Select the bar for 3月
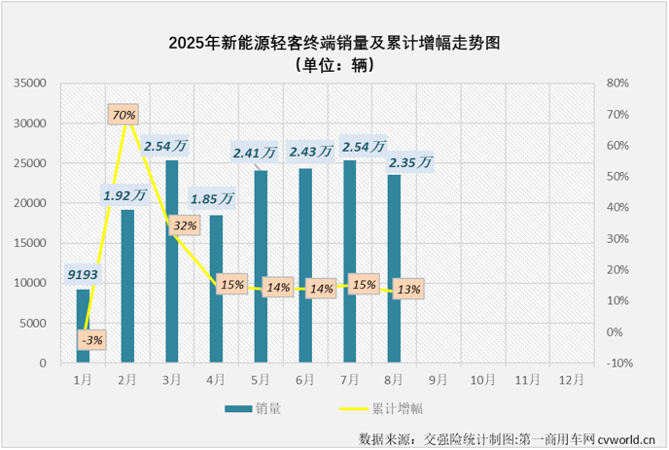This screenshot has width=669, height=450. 171,261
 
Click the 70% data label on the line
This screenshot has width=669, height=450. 123,115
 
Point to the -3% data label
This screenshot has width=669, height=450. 93,339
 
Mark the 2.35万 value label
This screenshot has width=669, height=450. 409,162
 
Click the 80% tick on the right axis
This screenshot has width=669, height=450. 618,84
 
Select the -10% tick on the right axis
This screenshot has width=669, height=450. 618,363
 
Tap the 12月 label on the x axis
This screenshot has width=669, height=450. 571,381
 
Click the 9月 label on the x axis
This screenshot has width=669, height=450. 438,381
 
